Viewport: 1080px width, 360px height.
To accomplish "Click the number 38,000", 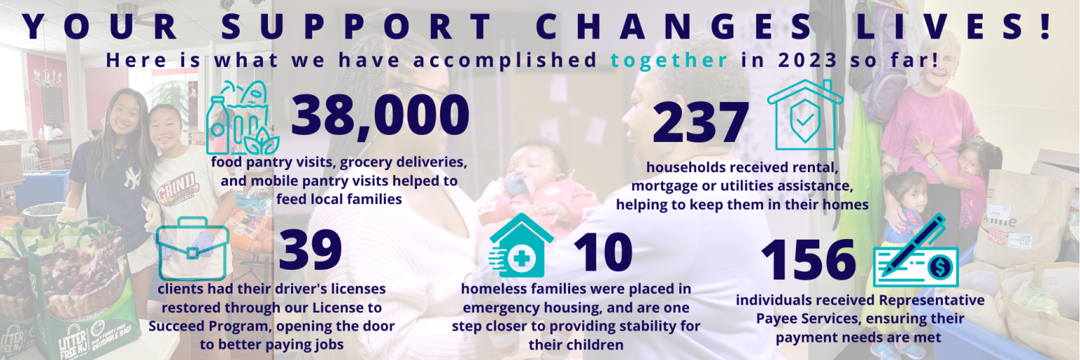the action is pos(380,116).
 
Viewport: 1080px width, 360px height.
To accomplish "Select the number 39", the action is pos(310,250).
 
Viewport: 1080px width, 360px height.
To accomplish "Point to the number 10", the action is pos(603,252).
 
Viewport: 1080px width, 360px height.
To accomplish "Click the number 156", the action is pos(808,259).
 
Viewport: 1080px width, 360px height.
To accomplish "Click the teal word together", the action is pos(669,60).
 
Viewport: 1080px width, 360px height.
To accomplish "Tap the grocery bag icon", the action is pos(243,117).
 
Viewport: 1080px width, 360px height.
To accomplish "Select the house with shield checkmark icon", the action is pos(805,115).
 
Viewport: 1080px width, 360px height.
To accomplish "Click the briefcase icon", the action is pos(193,249).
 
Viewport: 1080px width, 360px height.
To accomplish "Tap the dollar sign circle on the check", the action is pos(939,267).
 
